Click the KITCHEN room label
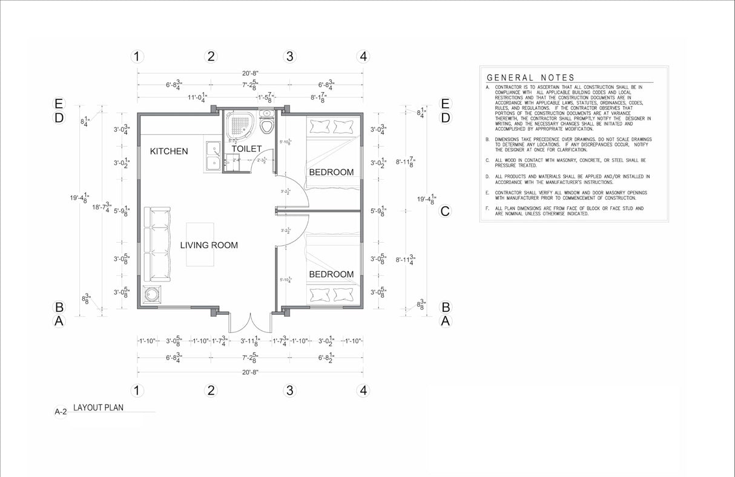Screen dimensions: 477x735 click(x=169, y=151)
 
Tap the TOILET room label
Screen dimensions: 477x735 click(x=247, y=149)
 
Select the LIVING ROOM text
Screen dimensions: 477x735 click(x=209, y=245)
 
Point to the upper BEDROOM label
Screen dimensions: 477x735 click(x=331, y=173)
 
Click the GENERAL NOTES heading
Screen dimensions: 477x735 click(x=530, y=77)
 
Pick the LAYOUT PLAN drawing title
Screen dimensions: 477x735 click(x=98, y=408)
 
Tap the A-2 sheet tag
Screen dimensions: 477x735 click(x=61, y=412)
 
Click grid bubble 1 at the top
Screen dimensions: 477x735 click(x=137, y=57)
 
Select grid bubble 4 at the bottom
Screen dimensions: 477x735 click(x=363, y=390)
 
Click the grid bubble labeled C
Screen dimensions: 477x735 click(x=446, y=211)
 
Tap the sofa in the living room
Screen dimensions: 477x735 click(x=157, y=245)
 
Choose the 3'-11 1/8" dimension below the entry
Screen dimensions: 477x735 click(x=250, y=341)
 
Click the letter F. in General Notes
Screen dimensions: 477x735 click(x=487, y=209)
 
